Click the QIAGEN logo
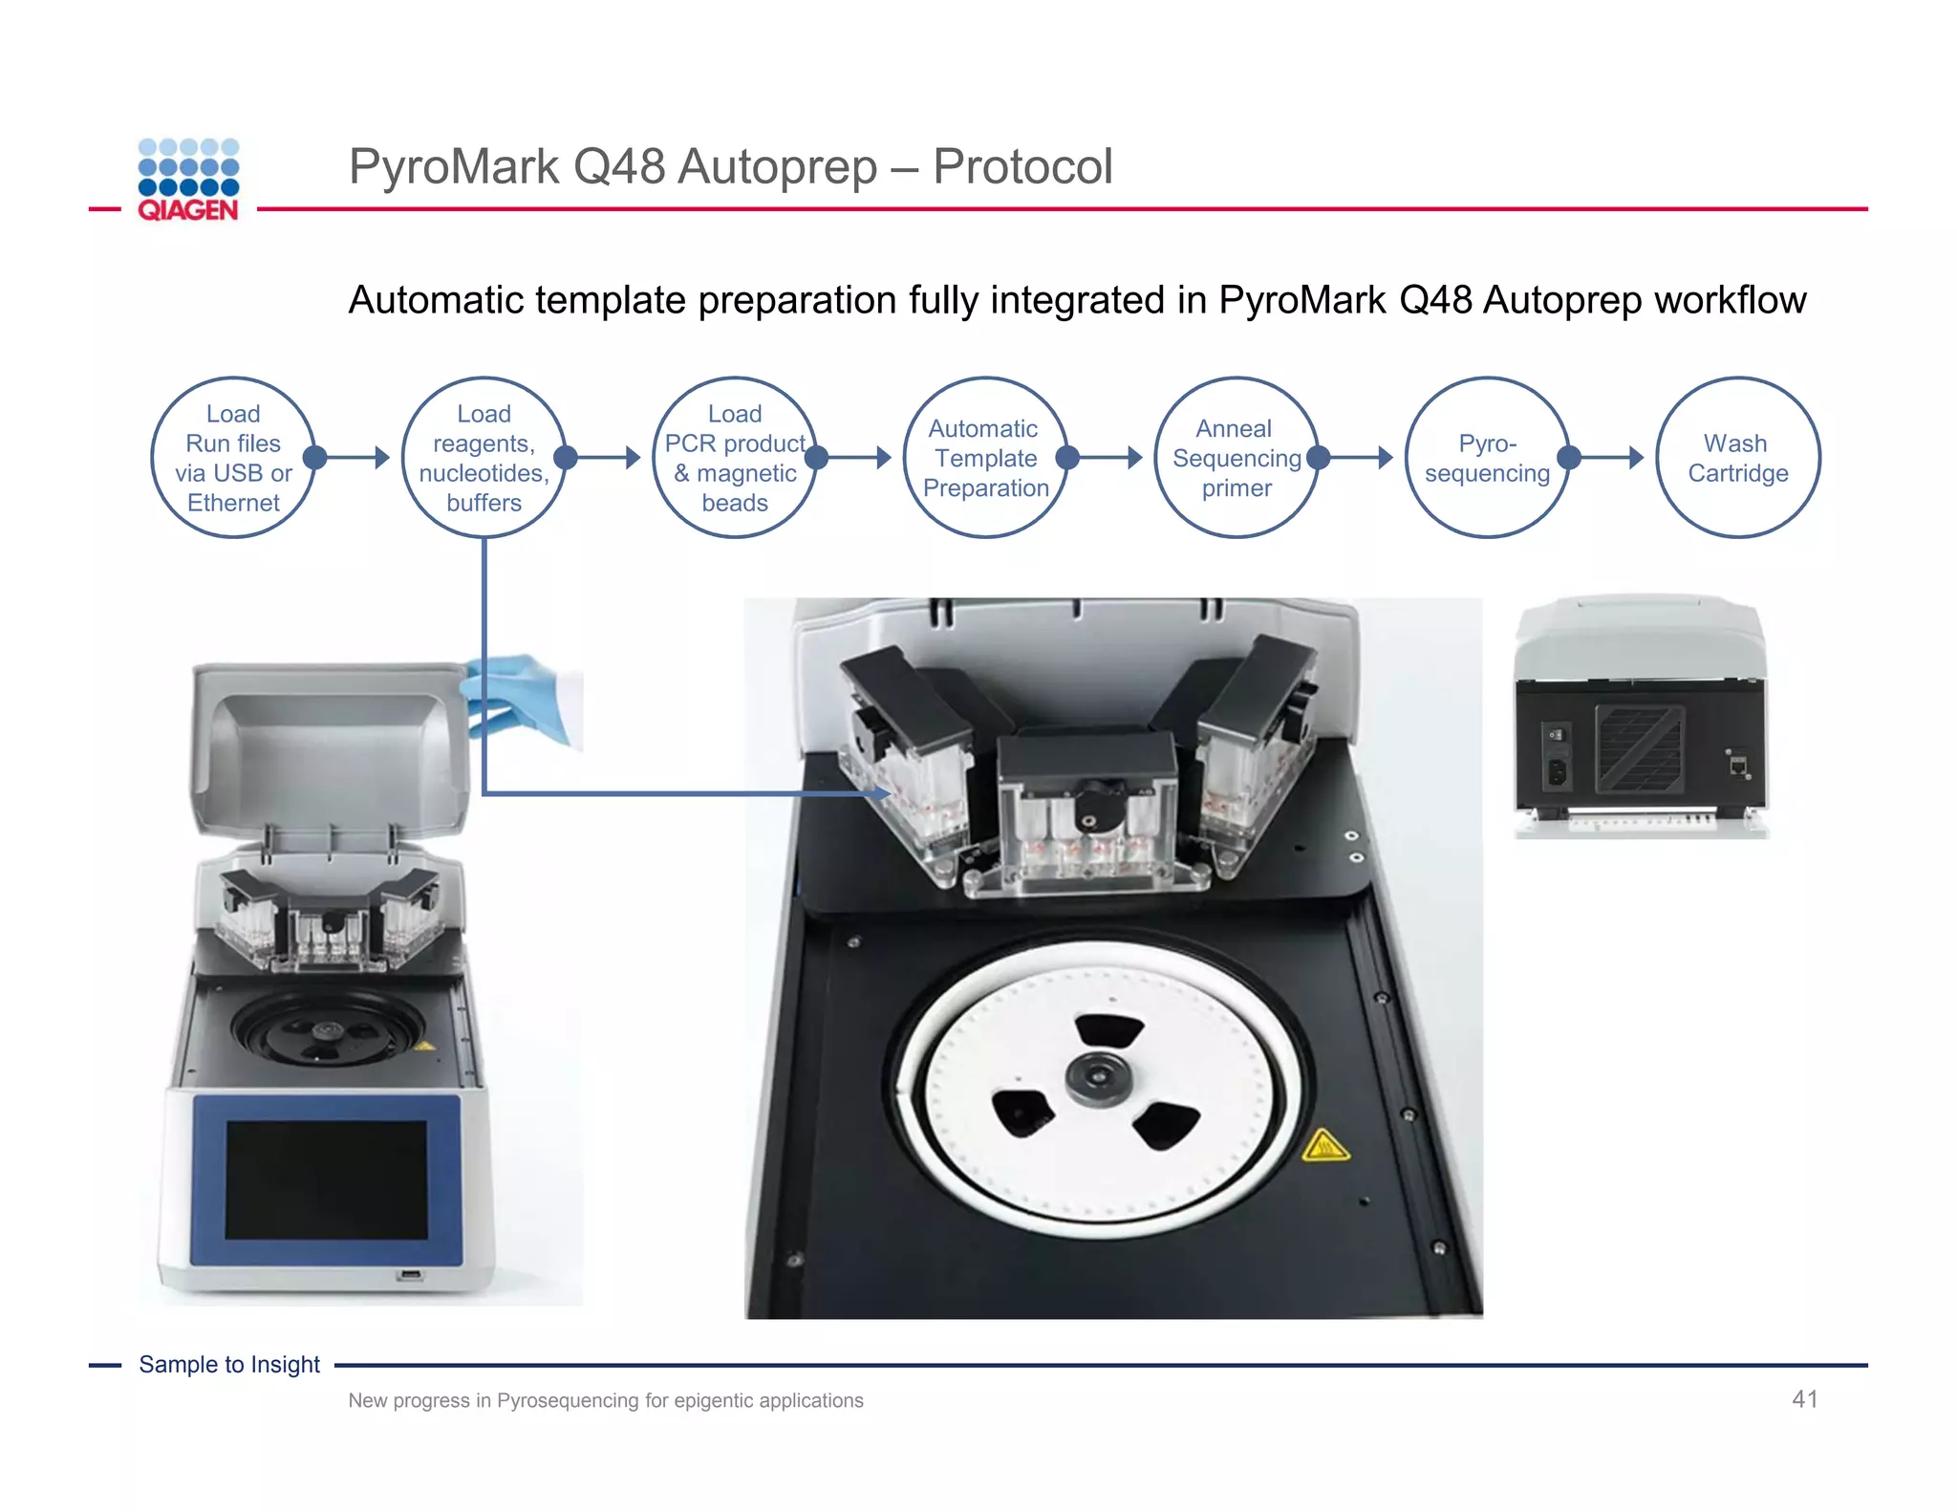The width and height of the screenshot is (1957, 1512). (x=188, y=180)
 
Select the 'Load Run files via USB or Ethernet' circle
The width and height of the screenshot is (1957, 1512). (x=233, y=458)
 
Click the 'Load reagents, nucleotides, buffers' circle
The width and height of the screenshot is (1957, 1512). (x=484, y=458)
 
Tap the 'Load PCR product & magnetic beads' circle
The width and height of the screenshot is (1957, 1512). (x=734, y=458)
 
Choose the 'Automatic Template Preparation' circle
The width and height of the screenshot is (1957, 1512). (x=985, y=458)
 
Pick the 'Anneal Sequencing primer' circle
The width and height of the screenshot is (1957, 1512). (x=1236, y=458)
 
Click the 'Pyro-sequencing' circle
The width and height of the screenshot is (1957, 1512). (x=1487, y=458)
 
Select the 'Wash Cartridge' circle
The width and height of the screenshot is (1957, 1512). (x=1737, y=458)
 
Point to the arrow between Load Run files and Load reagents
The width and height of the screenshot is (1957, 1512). (x=354, y=458)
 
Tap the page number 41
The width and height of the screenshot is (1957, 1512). (x=1804, y=1399)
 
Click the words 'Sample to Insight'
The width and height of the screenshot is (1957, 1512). (x=229, y=1364)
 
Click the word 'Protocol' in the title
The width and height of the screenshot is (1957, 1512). (x=1022, y=166)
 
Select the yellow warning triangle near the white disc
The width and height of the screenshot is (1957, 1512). (x=1325, y=1145)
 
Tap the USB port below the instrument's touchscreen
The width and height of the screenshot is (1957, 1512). (x=410, y=1275)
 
